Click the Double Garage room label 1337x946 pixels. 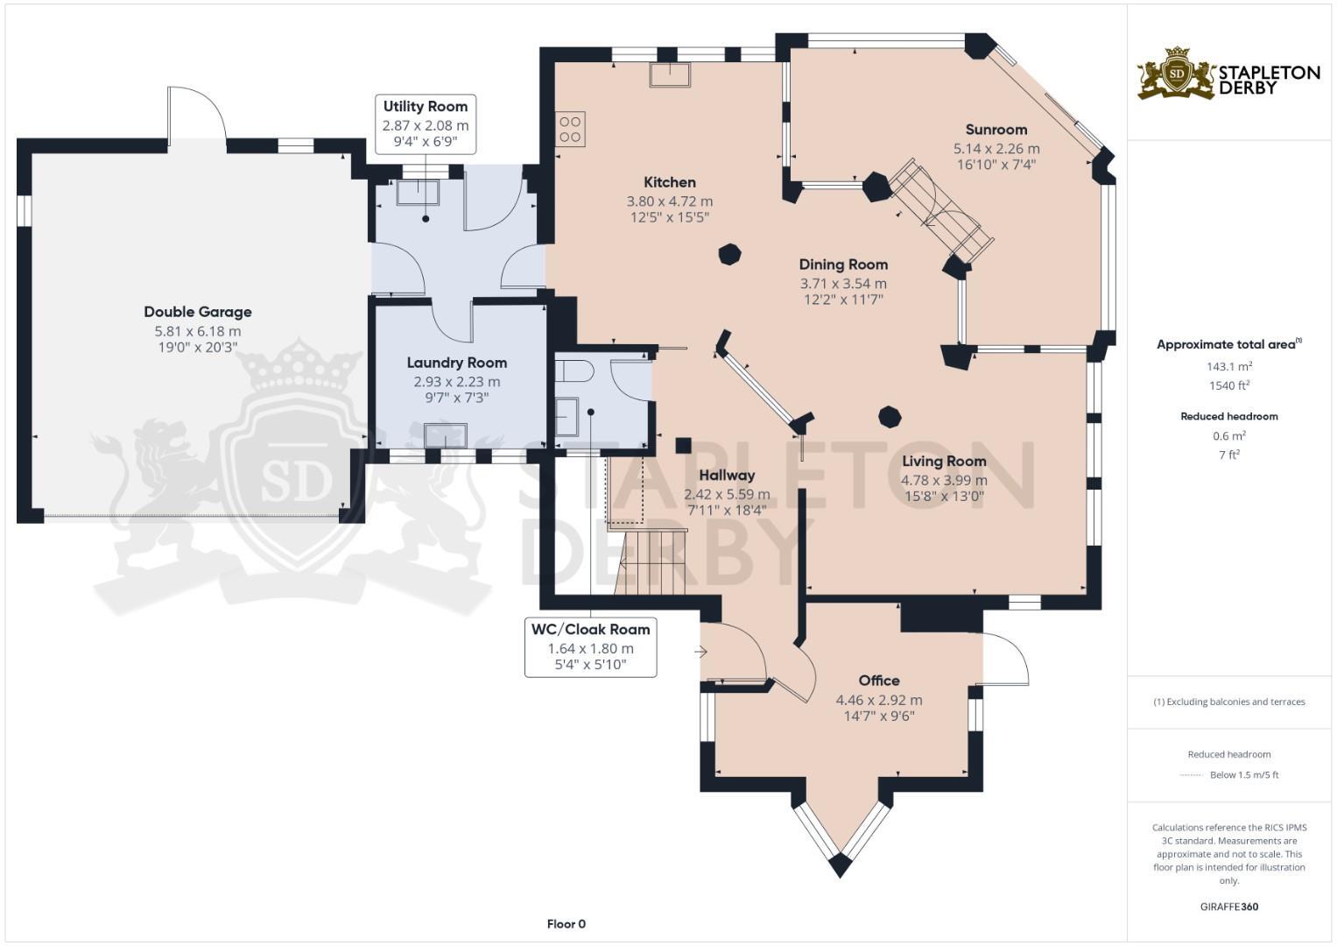pos(198,312)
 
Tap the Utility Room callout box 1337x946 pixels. pos(426,124)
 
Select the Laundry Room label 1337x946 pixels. pos(456,363)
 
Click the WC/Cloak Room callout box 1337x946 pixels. pos(590,647)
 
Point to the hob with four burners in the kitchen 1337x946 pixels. pos(570,130)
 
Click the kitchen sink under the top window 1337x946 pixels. pos(669,74)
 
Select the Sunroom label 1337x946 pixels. pos(996,130)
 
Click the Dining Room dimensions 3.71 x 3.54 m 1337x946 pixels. pos(842,284)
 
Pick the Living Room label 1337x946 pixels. pos(944,461)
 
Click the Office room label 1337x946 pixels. pos(878,681)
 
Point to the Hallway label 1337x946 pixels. pos(726,476)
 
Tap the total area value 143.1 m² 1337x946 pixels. pos(1228,367)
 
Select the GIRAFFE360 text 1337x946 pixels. pos(1228,907)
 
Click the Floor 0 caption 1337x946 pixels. pos(566,924)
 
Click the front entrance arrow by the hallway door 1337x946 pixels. pos(700,652)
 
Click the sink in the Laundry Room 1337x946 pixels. pos(445,435)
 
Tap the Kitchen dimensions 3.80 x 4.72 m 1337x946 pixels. pos(669,201)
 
